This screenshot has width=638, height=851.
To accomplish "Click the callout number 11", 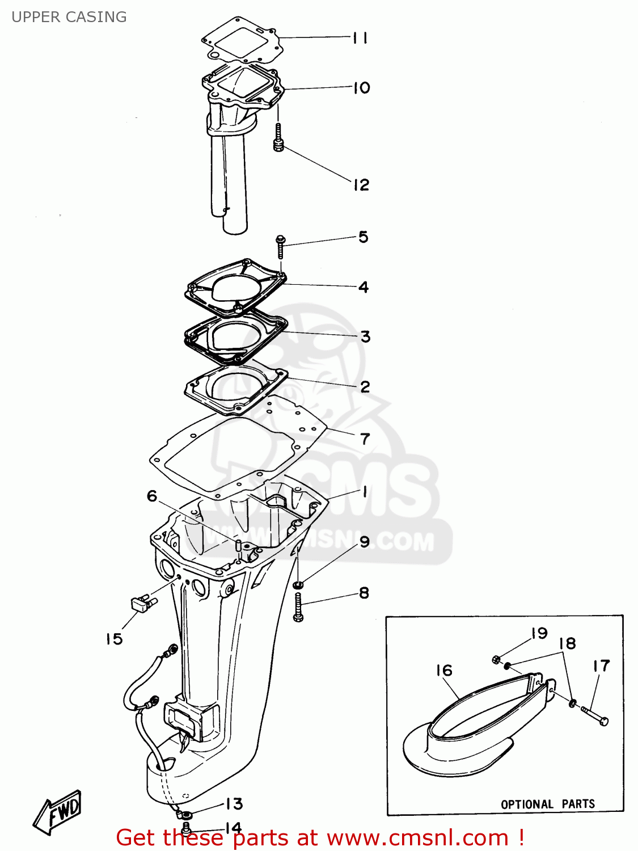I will [360, 38].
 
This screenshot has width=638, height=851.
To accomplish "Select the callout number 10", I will [361, 88].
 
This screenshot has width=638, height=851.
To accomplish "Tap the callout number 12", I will [361, 185].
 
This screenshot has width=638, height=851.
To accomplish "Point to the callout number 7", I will [365, 439].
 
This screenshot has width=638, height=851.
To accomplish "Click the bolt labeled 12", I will [278, 138].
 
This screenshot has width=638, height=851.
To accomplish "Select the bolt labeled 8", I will [298, 608].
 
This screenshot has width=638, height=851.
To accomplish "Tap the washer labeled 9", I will [298, 584].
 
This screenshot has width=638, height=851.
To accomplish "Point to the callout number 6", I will [152, 496].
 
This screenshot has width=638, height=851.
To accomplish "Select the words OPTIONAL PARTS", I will [547, 804].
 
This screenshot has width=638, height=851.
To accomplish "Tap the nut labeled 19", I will [496, 659].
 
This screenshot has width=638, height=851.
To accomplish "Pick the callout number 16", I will [444, 671].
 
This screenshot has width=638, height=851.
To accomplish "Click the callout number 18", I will [567, 643].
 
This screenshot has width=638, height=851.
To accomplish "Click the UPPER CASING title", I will [69, 17].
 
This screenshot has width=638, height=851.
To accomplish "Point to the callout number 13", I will [234, 804].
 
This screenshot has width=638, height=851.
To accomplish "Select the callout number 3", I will [365, 336].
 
